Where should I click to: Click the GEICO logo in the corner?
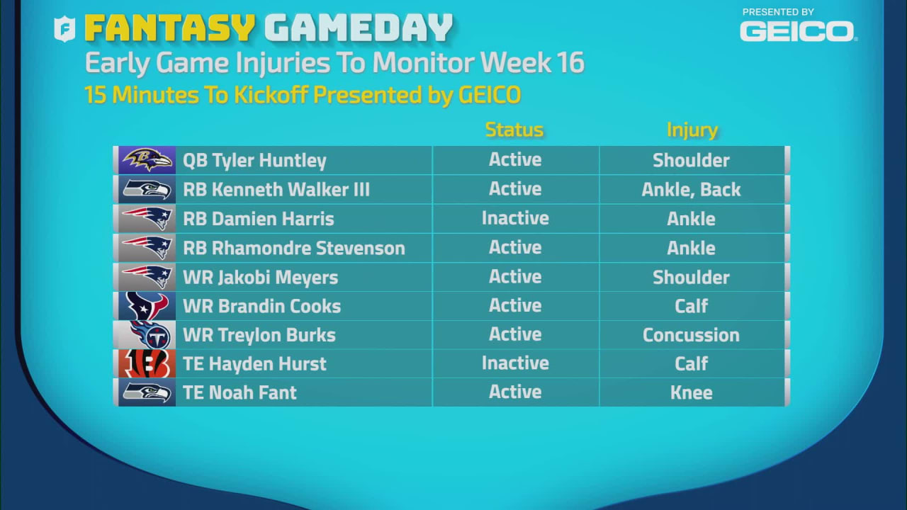(x=797, y=30)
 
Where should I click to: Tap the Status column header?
(x=514, y=130)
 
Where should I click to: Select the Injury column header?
(x=692, y=130)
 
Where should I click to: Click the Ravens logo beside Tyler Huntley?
(x=147, y=160)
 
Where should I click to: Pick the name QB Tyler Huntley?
(x=254, y=161)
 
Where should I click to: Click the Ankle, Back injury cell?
(x=691, y=190)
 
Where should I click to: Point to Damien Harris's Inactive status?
(x=515, y=218)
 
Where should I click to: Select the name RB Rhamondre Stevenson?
(x=294, y=248)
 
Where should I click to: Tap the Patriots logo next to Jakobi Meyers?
(x=147, y=277)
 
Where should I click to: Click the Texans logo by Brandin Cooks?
(x=147, y=306)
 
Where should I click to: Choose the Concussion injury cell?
(x=691, y=335)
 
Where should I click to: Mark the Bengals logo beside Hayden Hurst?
(x=147, y=364)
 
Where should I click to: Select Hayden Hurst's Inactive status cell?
(x=515, y=363)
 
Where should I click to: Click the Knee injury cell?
(x=691, y=393)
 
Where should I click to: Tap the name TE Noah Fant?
(x=240, y=393)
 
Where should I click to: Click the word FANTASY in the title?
(x=169, y=29)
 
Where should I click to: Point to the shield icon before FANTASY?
(x=65, y=29)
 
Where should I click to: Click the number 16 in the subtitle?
(x=570, y=63)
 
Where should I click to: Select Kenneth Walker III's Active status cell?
(x=515, y=189)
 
